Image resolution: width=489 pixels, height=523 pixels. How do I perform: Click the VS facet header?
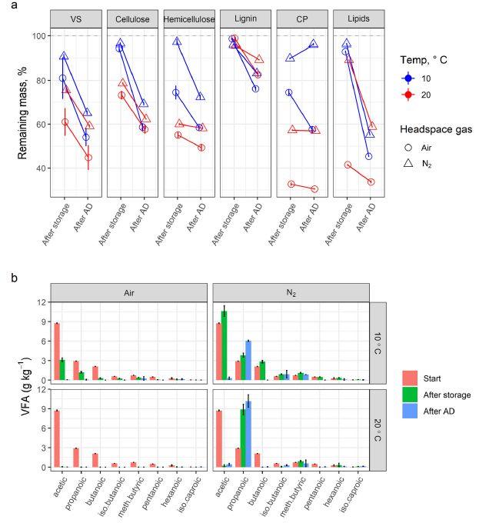click(x=75, y=19)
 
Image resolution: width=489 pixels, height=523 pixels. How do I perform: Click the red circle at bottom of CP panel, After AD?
click(x=314, y=188)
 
